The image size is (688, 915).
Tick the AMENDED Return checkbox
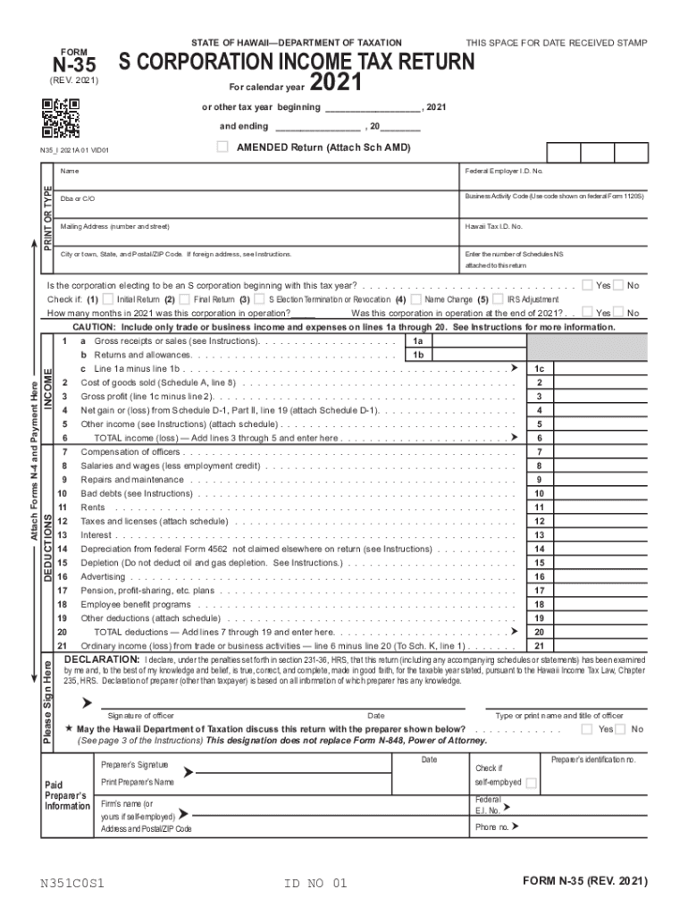pos(222,147)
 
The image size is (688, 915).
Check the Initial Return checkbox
pos(108,299)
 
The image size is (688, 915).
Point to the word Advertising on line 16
pos(103,576)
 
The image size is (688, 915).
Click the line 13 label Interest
pos(96,535)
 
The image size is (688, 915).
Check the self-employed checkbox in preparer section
pos(531,784)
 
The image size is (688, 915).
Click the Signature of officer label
pos(140,716)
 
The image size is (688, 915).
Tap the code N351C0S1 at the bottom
pos(72,884)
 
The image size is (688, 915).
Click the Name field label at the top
pos(69,171)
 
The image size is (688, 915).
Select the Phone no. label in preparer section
pos(491,827)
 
